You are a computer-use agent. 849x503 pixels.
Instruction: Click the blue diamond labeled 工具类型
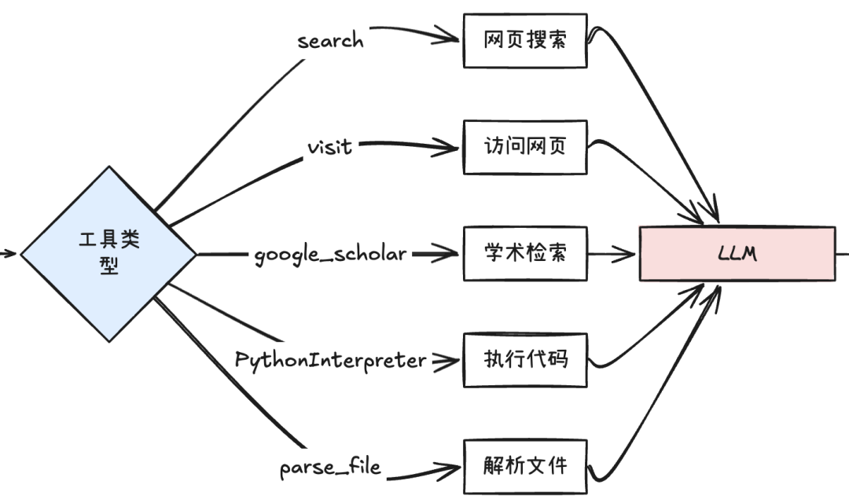[108, 254]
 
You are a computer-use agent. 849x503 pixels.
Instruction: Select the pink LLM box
[737, 254]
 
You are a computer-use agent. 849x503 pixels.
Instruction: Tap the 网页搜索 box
[524, 40]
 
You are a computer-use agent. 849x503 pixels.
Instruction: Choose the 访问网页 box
[524, 146]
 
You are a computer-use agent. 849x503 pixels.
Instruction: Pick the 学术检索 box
[524, 253]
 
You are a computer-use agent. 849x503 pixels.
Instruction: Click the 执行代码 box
[524, 360]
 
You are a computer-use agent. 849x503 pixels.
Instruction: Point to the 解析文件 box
[524, 466]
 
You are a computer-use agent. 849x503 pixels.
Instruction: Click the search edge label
[330, 40]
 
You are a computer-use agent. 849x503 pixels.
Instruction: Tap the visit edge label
[330, 146]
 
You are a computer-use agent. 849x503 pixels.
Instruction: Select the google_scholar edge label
[330, 254]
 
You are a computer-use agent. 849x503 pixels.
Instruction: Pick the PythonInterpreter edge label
[330, 360]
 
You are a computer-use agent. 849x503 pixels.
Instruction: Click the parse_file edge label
[330, 468]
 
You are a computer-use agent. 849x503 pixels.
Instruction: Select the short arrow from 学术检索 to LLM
[613, 253]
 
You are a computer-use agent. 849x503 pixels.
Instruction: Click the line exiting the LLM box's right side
[842, 253]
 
